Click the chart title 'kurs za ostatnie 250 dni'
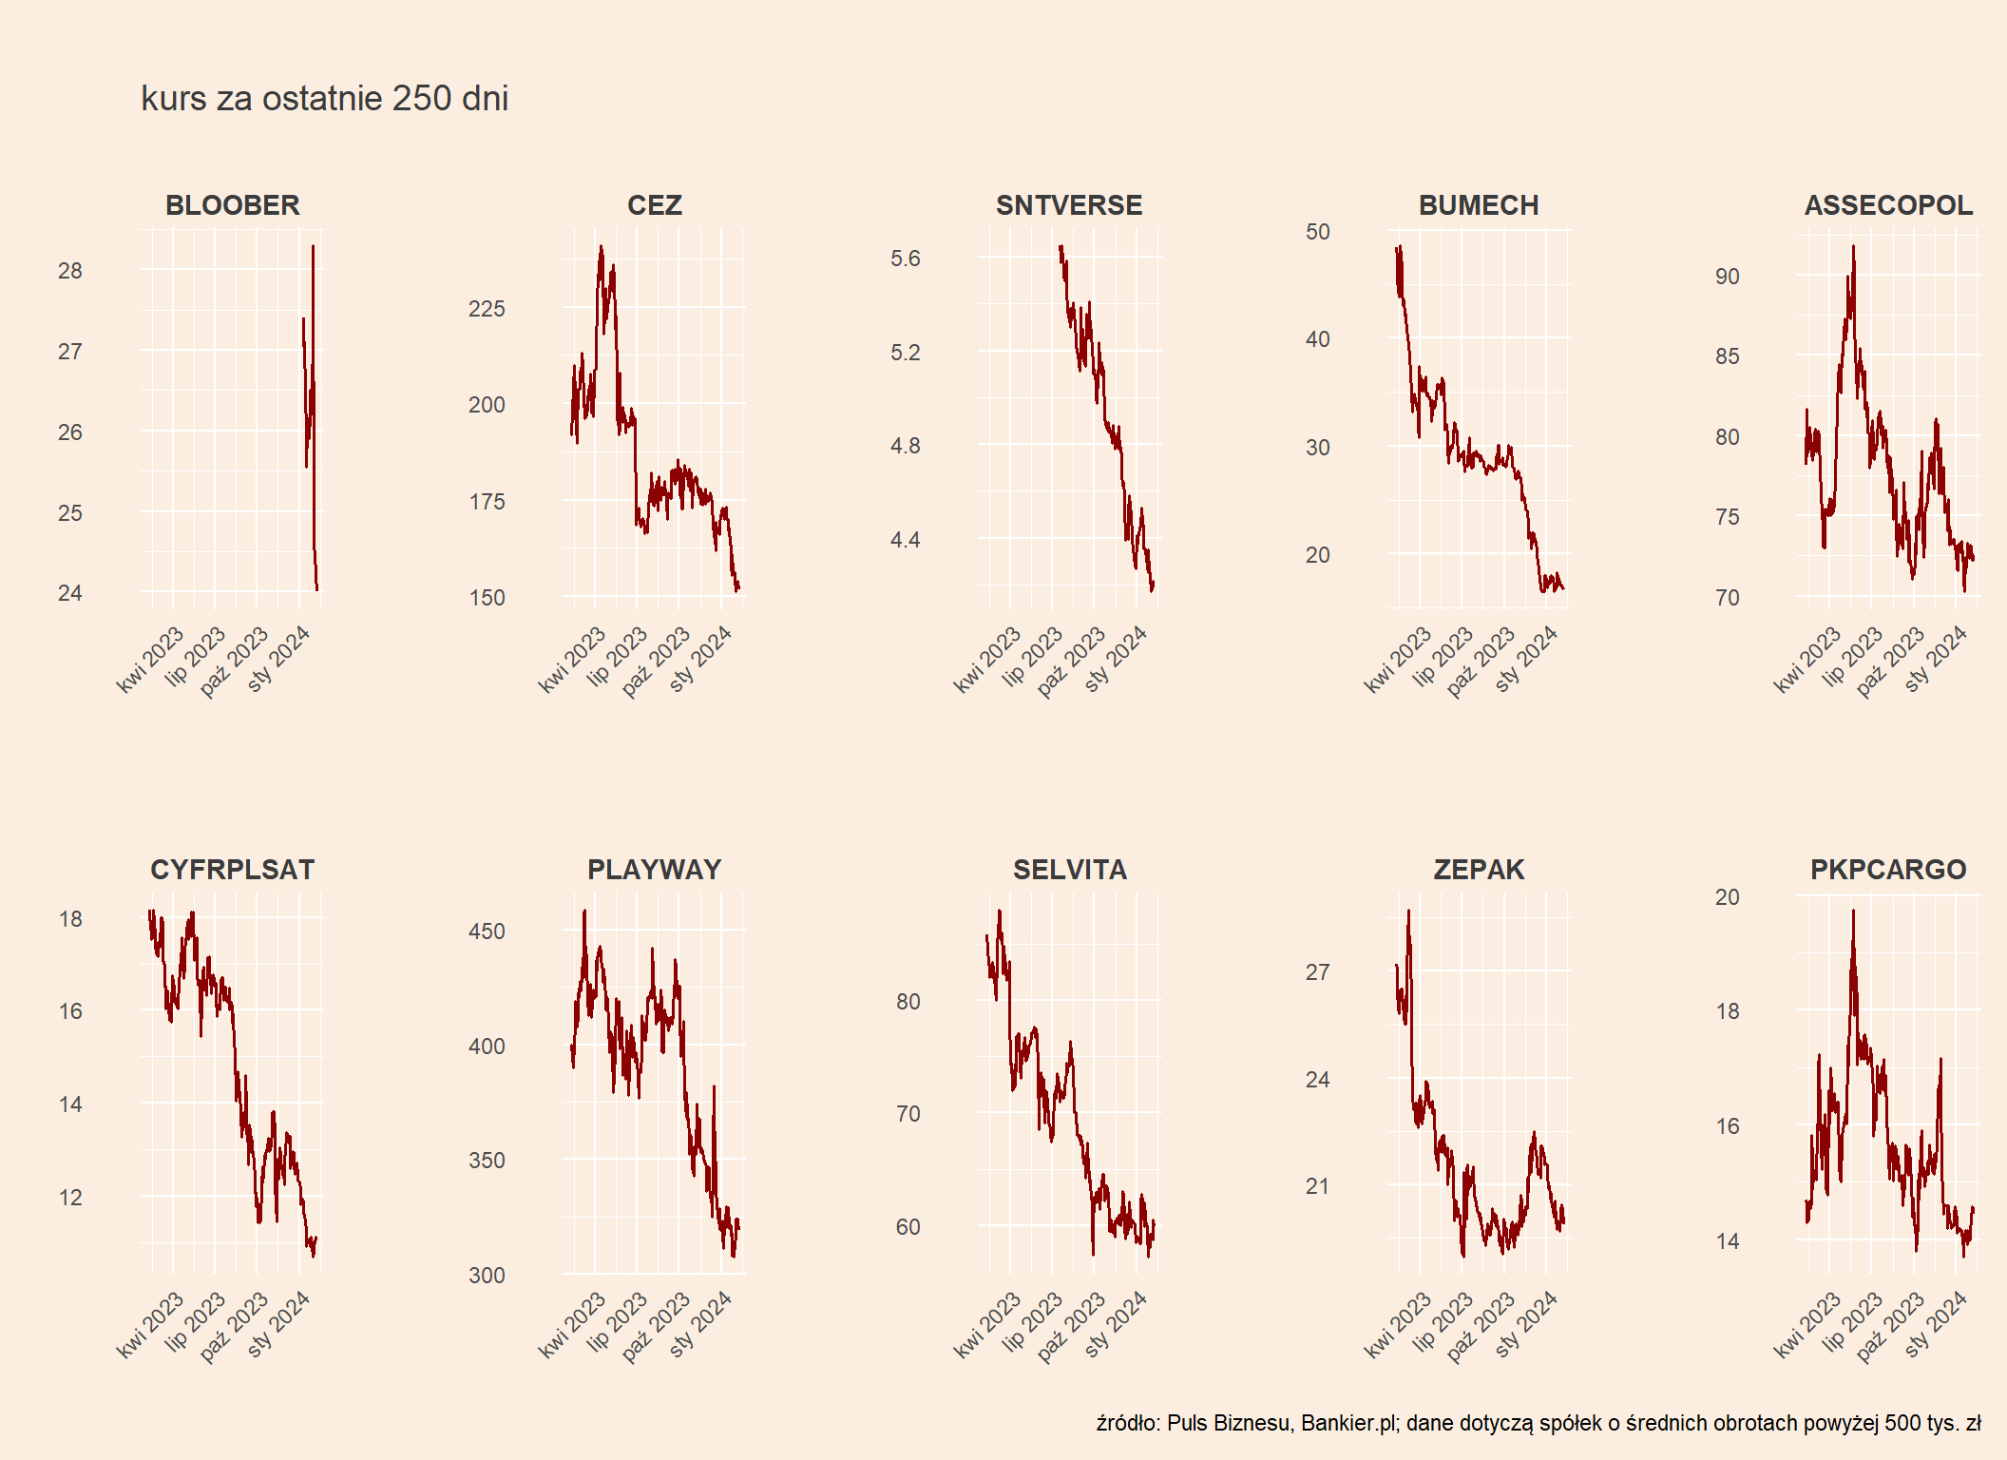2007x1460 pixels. (324, 98)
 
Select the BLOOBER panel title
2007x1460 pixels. (232, 205)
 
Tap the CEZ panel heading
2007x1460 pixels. (654, 205)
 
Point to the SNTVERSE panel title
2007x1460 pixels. (1068, 205)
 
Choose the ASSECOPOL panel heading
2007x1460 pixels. (1888, 205)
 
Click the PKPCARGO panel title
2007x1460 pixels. (1887, 870)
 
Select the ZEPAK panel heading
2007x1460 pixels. (1479, 870)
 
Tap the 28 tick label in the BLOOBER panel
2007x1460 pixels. (70, 271)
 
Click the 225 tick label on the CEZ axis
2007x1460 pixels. (487, 309)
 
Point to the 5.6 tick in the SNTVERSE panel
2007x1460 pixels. (905, 259)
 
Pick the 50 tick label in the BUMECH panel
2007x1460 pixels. (1317, 232)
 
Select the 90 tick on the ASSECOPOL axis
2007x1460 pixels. (1727, 277)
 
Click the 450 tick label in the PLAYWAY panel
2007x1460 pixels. (487, 932)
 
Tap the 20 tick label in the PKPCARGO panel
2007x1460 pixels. (1727, 897)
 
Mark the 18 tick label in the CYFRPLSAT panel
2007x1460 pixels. (70, 919)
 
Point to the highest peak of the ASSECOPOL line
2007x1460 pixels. (1853, 247)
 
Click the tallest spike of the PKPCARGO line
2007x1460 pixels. (1853, 912)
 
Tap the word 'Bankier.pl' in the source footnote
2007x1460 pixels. (1348, 1423)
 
